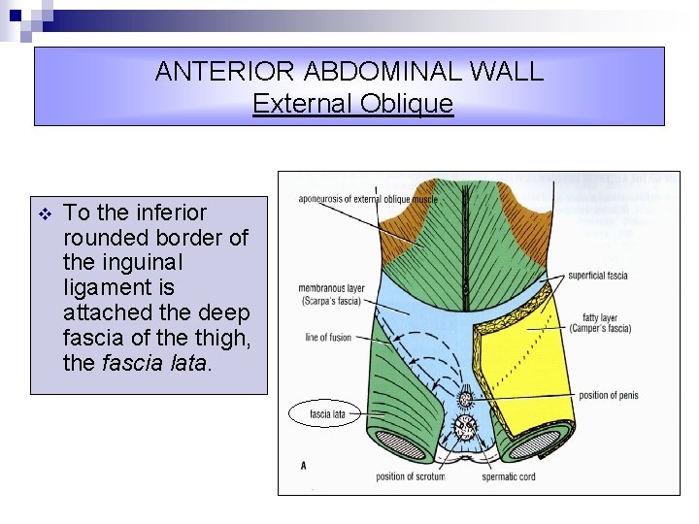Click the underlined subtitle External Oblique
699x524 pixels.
[x=352, y=103]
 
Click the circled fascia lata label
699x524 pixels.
[x=327, y=414]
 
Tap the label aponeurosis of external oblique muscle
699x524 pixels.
[x=368, y=200]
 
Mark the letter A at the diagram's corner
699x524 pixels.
[x=303, y=466]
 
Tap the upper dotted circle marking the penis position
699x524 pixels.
[x=465, y=398]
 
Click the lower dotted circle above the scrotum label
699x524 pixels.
[x=465, y=426]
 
